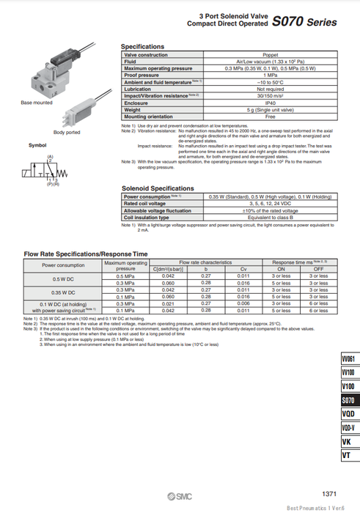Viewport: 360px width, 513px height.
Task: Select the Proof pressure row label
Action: [x=142, y=75]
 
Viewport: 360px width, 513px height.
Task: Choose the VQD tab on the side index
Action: [x=348, y=413]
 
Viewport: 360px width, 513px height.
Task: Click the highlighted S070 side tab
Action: [x=348, y=399]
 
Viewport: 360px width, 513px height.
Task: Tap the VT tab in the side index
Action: [x=348, y=456]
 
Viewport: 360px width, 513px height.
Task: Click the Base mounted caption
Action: [x=37, y=103]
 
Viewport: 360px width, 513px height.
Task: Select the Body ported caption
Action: [x=67, y=132]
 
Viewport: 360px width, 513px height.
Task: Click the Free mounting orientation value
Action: [x=271, y=116]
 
